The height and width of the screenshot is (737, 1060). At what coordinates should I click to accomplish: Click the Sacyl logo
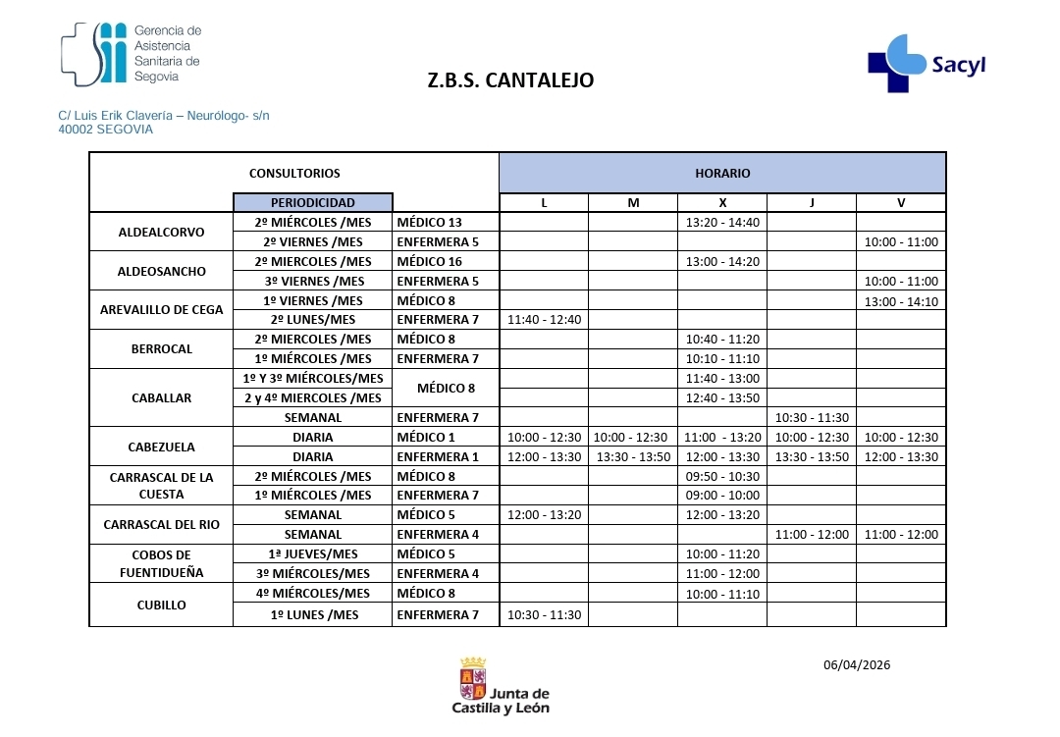click(x=927, y=63)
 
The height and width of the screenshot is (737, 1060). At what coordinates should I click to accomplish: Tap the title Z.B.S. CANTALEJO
click(x=510, y=80)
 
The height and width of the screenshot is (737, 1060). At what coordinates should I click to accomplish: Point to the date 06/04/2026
click(x=856, y=664)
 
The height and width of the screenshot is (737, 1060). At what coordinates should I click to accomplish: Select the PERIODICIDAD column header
click(x=313, y=202)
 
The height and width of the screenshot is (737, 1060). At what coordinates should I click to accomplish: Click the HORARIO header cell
click(x=722, y=173)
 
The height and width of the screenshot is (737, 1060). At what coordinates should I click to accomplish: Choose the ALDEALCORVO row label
click(x=161, y=233)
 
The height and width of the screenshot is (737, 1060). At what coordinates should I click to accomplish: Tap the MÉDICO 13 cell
click(x=429, y=223)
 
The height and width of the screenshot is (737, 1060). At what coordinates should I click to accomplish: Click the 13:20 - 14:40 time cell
click(x=721, y=223)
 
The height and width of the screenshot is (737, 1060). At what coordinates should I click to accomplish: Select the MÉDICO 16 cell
click(x=429, y=262)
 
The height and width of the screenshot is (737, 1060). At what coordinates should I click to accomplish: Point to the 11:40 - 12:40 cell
click(x=543, y=320)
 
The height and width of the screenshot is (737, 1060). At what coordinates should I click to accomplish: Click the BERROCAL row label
click(x=161, y=348)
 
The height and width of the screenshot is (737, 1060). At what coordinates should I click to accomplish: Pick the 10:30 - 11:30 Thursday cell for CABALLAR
click(x=812, y=417)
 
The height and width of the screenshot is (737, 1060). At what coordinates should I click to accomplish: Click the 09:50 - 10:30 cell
click(x=721, y=476)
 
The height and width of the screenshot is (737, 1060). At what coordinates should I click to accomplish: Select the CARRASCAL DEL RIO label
click(x=161, y=524)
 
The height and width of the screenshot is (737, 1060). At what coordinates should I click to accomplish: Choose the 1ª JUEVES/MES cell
click(x=313, y=553)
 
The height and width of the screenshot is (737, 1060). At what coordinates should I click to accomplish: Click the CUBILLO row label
click(x=161, y=605)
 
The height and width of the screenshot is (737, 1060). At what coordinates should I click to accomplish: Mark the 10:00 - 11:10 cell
click(x=721, y=594)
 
